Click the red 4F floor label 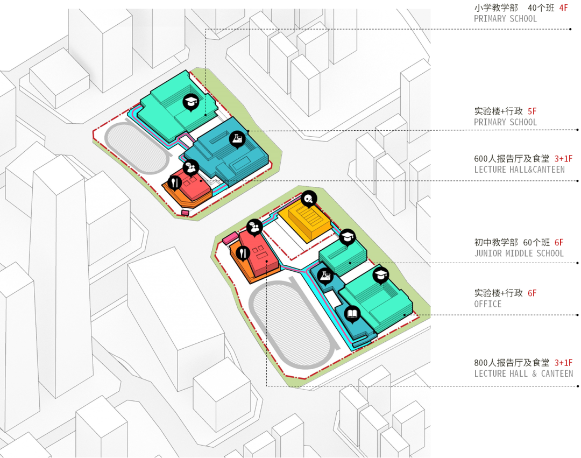pos(563,8)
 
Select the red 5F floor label pos(532,111)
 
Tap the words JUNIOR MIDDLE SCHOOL pos(519,253)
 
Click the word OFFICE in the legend pos(487,304)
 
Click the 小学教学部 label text pos(496,8)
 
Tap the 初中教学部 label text pos(496,243)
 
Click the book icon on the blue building pos(352,313)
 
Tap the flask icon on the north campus pos(237,139)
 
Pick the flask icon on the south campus pos(324,275)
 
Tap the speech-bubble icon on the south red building pos(253,227)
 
